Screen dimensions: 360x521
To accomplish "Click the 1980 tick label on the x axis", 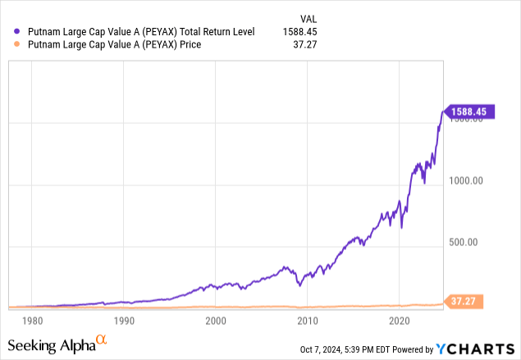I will coord(32,321).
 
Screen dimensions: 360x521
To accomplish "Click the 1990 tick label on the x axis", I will coord(124,321).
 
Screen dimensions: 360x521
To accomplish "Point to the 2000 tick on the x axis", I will coord(216,321).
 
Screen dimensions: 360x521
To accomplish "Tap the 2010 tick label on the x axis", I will coord(307,321).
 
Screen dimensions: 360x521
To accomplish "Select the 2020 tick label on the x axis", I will coord(399,321).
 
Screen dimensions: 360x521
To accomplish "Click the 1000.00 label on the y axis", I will coord(470,180).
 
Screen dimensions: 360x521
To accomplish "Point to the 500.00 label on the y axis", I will coord(467,242).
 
